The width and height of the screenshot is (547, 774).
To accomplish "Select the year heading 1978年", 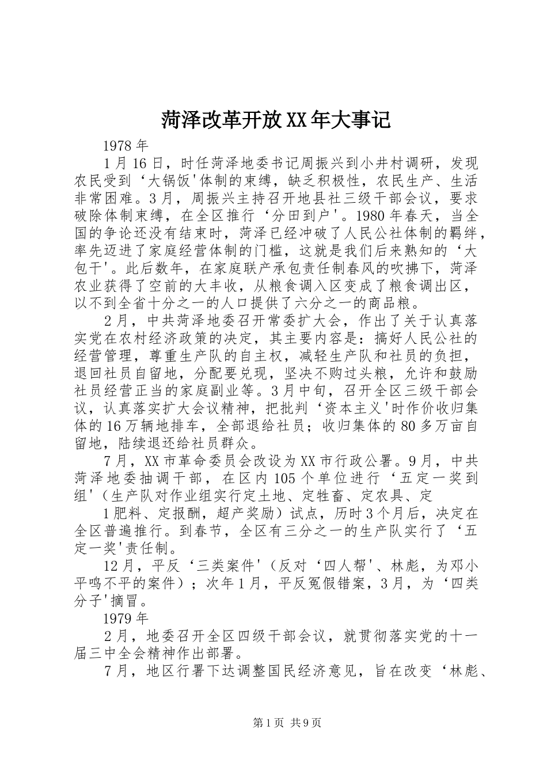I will click(x=126, y=145).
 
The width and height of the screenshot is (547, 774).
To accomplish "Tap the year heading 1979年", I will click(x=126, y=619).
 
